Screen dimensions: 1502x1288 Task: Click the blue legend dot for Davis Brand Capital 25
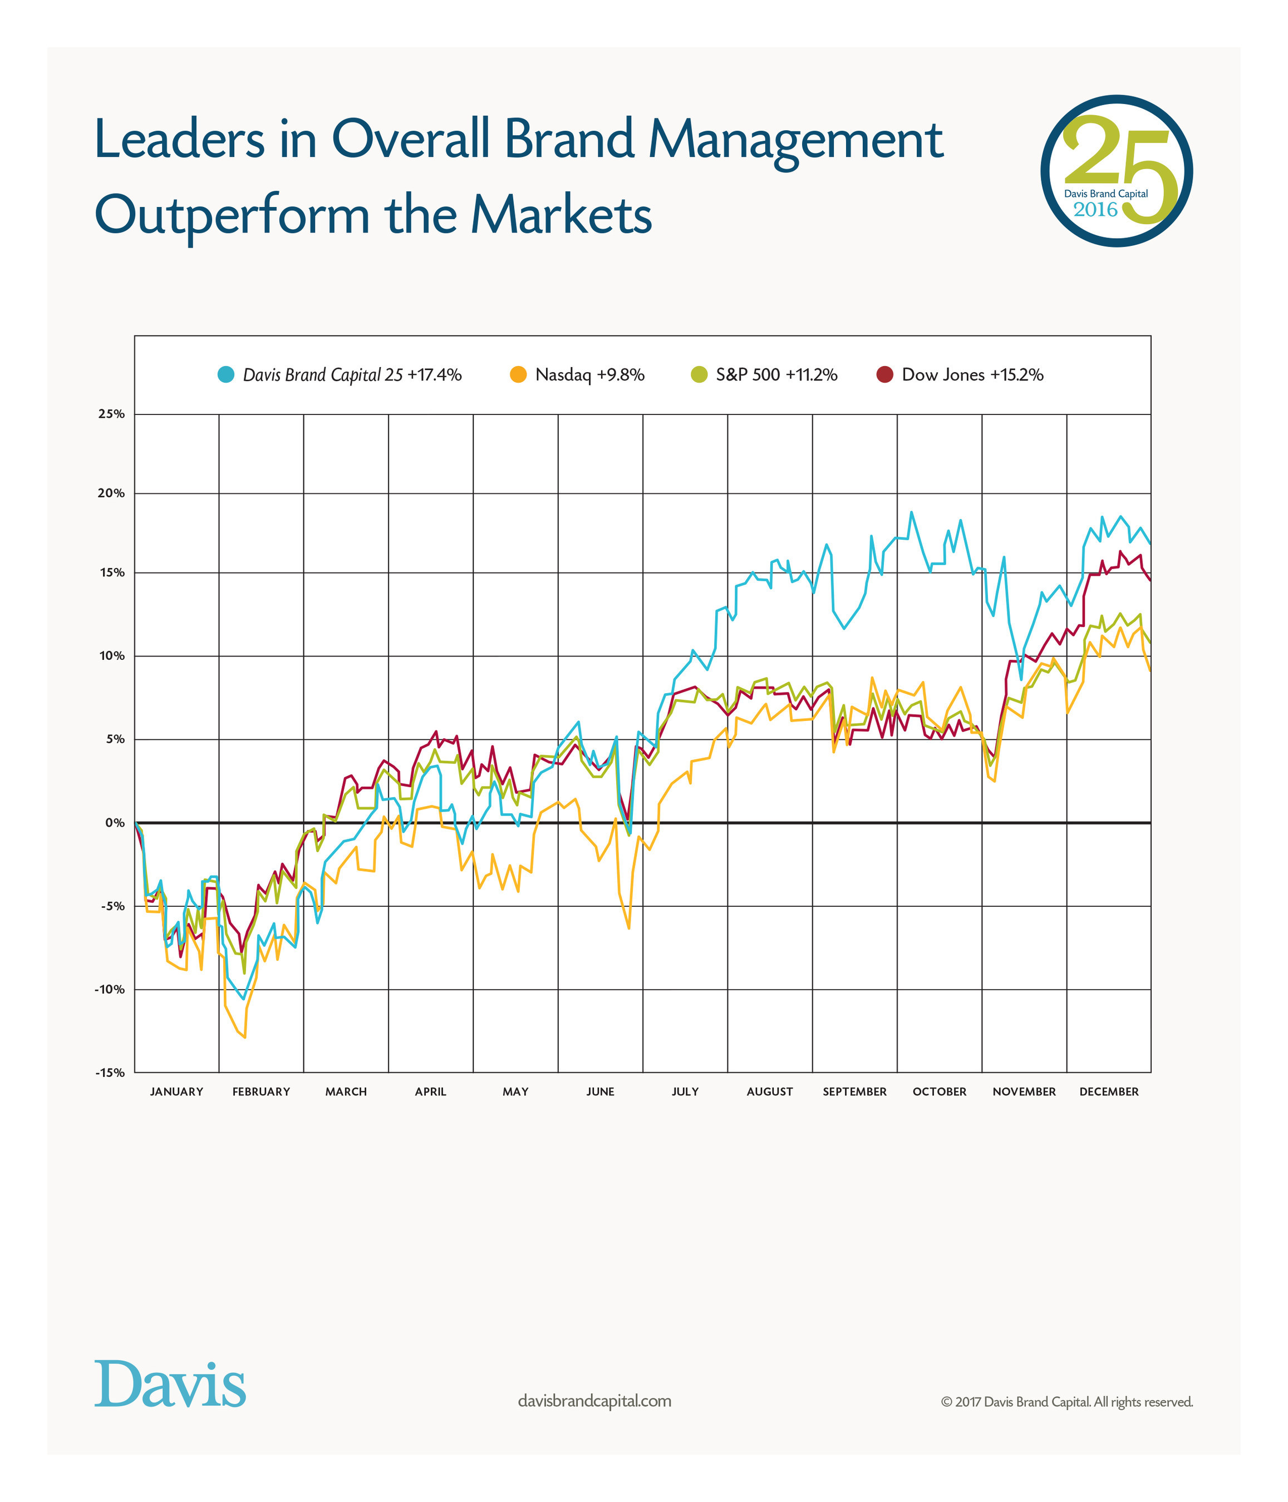coord(225,375)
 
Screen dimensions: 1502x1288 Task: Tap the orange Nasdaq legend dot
coord(518,375)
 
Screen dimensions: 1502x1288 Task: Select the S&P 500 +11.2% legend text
coord(776,375)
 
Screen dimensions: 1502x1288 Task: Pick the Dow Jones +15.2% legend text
coord(972,375)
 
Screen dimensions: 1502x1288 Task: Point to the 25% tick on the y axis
coord(111,414)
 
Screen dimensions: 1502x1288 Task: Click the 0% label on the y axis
coord(115,823)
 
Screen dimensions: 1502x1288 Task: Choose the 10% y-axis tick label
coord(111,656)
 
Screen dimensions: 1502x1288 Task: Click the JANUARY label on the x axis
coord(176,1091)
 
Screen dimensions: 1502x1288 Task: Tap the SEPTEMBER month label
coord(854,1091)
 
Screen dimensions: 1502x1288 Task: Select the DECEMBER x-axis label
coord(1109,1091)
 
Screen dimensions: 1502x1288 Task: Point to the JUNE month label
coord(600,1091)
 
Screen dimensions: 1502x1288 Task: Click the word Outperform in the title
coord(232,215)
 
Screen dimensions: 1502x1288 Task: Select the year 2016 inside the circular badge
coord(1095,210)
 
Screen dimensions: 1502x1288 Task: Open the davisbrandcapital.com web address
coord(594,1401)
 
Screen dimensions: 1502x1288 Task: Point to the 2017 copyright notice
coord(1066,1402)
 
